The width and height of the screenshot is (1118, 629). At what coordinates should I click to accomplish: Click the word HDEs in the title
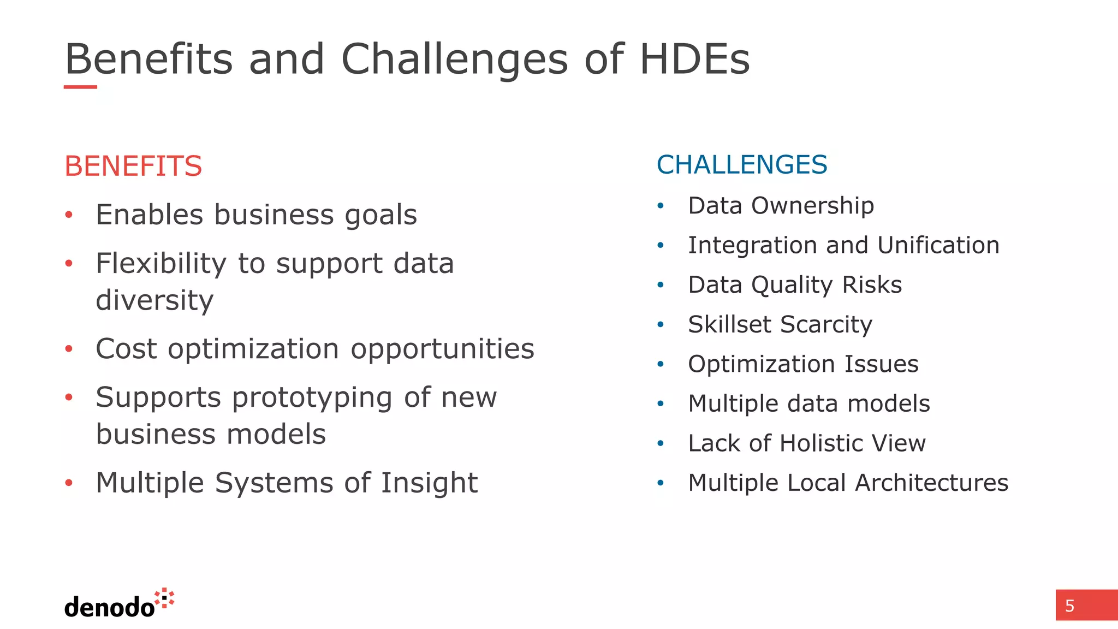tap(694, 59)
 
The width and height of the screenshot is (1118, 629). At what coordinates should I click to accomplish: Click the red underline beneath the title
tap(80, 87)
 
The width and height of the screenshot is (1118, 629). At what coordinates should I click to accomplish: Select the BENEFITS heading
tap(133, 166)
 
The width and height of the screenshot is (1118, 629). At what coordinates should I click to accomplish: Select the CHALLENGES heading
tap(741, 165)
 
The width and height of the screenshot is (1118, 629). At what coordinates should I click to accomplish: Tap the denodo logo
tap(119, 604)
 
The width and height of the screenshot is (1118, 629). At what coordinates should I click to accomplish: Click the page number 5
tap(1070, 606)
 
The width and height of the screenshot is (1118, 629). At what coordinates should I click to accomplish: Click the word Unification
tap(938, 246)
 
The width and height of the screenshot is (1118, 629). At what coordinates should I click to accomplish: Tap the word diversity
tap(154, 301)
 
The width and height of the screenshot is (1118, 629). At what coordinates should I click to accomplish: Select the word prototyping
tap(312, 398)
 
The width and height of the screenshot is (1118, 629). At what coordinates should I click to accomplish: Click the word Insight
tap(429, 483)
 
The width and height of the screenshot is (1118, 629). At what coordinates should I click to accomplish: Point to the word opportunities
tap(442, 349)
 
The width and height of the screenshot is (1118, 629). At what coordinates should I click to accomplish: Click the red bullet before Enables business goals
tap(69, 215)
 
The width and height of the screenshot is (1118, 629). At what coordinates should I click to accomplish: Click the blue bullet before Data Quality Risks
tap(661, 285)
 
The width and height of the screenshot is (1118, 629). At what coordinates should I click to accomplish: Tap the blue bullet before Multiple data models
tap(661, 404)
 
